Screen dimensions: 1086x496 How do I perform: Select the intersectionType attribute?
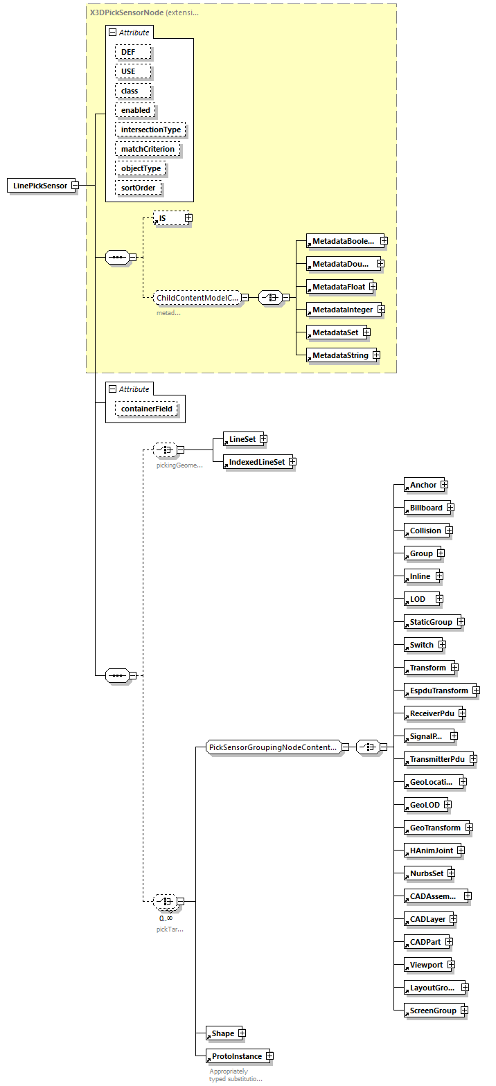click(x=151, y=130)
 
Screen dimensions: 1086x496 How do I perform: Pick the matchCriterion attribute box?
click(x=148, y=149)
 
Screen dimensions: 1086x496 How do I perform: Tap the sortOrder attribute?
click(x=139, y=188)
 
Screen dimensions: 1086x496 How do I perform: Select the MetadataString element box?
click(x=340, y=355)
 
